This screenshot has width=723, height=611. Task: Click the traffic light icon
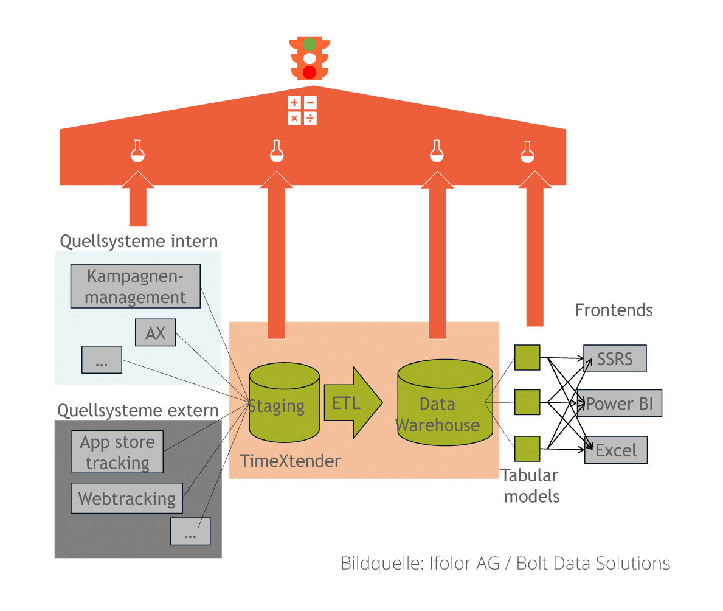click(310, 58)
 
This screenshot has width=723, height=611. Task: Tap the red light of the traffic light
click(310, 72)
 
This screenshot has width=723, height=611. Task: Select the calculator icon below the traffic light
click(302, 110)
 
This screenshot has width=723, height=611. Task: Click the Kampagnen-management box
click(136, 286)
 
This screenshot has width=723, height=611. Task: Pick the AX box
click(155, 333)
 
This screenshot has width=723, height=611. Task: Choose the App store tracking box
click(117, 452)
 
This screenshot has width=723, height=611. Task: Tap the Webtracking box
click(126, 499)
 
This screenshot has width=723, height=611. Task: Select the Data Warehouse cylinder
click(445, 405)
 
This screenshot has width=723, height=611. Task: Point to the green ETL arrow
click(351, 402)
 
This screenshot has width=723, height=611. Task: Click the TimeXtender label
click(290, 461)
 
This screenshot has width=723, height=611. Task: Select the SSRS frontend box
click(615, 359)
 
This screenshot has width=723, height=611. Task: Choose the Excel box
click(616, 450)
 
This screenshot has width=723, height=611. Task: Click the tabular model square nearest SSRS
click(527, 357)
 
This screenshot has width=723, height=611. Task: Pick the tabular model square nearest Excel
click(527, 449)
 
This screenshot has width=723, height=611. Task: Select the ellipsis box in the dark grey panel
click(190, 531)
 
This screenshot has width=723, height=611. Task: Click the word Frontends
click(614, 310)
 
